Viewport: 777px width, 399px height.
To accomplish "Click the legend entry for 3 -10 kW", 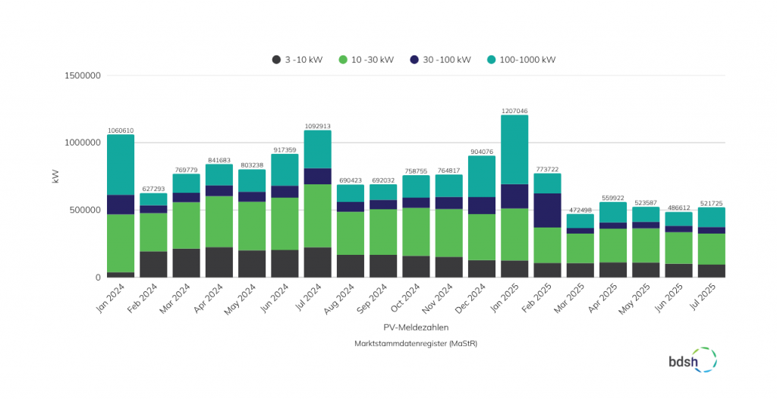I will point(297,60).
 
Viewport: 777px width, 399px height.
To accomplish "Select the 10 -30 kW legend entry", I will point(366,60).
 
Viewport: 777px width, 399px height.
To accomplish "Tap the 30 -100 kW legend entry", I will point(440,60).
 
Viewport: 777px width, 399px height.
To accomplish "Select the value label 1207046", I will point(514,111).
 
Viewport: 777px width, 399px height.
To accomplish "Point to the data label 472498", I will point(580,209).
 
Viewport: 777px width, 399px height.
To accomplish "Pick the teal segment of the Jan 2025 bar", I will point(514,149).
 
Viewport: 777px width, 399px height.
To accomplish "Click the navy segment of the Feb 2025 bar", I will point(547,210).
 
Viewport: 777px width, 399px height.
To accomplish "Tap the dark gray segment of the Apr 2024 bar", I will point(219,262).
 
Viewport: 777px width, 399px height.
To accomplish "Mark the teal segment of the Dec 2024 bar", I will point(482,176).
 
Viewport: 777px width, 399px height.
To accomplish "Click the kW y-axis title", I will point(55,177).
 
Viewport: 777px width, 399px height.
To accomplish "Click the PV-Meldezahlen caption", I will point(415,328).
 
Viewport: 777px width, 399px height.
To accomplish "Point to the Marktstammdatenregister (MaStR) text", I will point(415,344).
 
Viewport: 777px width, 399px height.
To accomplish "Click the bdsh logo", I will point(691,360).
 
